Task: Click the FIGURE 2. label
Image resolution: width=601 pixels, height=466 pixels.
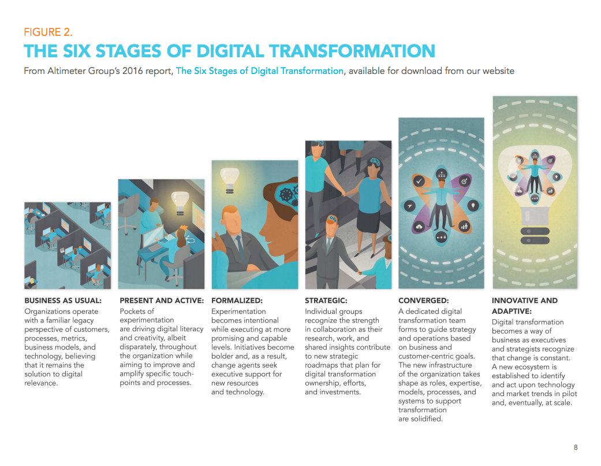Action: pyautogui.click(x=48, y=32)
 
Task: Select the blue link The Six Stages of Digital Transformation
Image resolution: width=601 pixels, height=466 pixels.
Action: pyautogui.click(x=259, y=71)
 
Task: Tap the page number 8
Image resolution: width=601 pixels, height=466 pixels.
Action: pyautogui.click(x=576, y=447)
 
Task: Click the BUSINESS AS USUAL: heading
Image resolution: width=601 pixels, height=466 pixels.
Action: pyautogui.click(x=63, y=301)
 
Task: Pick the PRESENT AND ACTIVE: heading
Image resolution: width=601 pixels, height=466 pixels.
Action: pyautogui.click(x=162, y=301)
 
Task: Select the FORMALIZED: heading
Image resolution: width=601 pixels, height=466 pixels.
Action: pyautogui.click(x=237, y=301)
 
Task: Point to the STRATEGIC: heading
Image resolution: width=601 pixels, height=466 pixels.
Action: pyautogui.click(x=326, y=301)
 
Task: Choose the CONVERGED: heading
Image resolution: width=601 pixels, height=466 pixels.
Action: pyautogui.click(x=423, y=301)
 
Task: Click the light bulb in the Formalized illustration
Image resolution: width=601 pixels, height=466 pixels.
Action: pyautogui.click(x=230, y=176)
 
